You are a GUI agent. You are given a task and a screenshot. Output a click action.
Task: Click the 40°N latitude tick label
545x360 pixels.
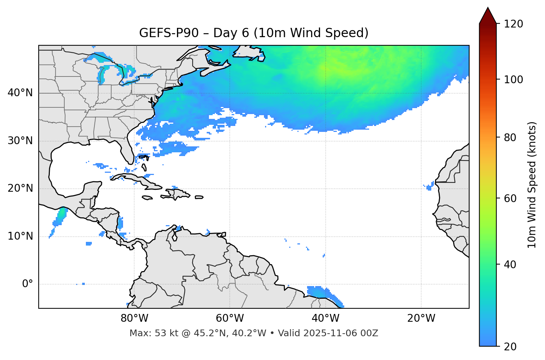pyautogui.click(x=20, y=93)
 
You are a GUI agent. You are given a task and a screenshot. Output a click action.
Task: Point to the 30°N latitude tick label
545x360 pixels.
pyautogui.click(x=20, y=141)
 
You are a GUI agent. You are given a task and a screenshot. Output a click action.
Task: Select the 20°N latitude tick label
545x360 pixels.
pyautogui.click(x=20, y=188)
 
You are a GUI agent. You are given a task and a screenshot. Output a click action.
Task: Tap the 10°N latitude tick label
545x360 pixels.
pyautogui.click(x=20, y=236)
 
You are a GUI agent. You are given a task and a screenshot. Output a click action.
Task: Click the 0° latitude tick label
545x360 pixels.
pyautogui.click(x=28, y=284)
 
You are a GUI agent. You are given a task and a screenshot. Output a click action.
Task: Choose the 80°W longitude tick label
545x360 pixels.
pyautogui.click(x=134, y=318)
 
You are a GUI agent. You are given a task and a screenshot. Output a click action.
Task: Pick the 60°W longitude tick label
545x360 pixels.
pyautogui.click(x=230, y=318)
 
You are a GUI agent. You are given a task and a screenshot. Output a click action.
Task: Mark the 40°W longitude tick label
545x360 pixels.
pyautogui.click(x=326, y=318)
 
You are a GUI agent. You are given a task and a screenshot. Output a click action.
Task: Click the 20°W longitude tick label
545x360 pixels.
pyautogui.click(x=421, y=318)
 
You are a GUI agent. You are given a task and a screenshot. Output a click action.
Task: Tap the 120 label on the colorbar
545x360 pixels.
pyautogui.click(x=513, y=24)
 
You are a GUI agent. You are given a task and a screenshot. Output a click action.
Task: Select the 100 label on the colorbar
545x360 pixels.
pyautogui.click(x=513, y=80)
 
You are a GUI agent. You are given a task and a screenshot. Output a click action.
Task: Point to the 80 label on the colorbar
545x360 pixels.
pyautogui.click(x=510, y=137)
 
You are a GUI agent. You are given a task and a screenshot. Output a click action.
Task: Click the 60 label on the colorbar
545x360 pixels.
pyautogui.click(x=510, y=198)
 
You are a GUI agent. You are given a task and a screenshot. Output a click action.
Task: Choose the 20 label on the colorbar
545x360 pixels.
pyautogui.click(x=510, y=347)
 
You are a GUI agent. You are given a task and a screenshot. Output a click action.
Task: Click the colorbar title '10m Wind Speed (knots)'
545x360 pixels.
pyautogui.click(x=532, y=185)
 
